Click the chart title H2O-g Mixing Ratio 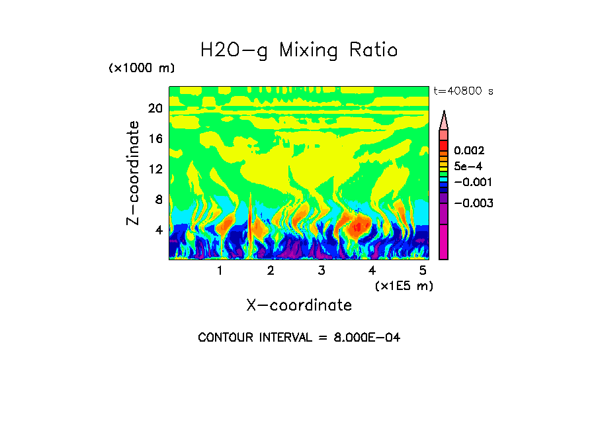pos(299,50)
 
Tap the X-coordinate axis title pos(299,305)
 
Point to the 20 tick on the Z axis pos(155,109)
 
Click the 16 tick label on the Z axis pos(155,139)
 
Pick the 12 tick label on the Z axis pos(155,169)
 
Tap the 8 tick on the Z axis pos(158,200)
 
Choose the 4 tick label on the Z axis pos(158,230)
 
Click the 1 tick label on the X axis pos(220,271)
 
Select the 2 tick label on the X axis pos(271,271)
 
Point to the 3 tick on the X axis pos(321,271)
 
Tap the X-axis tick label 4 pos(372,271)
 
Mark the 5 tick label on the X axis pos(423,271)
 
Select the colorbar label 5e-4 pos(468,167)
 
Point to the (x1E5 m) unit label pos(404,286)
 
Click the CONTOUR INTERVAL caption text pos(299,338)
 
